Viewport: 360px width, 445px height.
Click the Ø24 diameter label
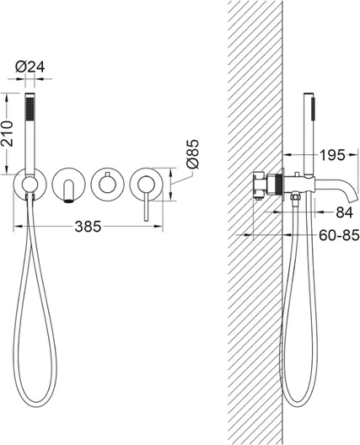coord(30,67)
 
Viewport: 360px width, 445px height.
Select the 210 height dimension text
coord(7,133)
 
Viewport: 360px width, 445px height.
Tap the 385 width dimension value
coord(88,227)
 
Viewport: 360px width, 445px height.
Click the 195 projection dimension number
coord(332,155)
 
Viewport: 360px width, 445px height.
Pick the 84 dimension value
coord(344,212)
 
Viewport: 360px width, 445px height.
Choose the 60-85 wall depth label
coord(339,235)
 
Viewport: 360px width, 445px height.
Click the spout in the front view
coord(69,191)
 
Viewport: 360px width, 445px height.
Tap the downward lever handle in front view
coord(146,205)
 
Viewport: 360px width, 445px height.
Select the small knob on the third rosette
coord(107,174)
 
